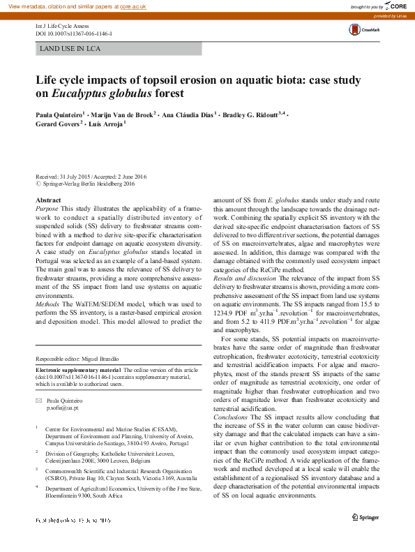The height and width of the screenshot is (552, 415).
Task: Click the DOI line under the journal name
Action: [x=73, y=33]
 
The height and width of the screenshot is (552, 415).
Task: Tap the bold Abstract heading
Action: [x=48, y=200]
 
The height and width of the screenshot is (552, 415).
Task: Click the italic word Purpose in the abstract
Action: [x=47, y=209]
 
